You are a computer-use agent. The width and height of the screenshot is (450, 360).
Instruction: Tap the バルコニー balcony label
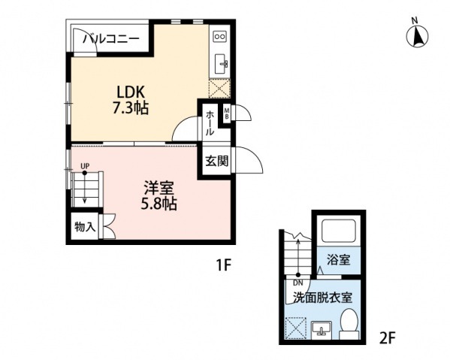111,38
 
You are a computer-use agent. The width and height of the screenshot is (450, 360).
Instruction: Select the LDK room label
130,92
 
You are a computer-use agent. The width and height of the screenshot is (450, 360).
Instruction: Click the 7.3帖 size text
130,108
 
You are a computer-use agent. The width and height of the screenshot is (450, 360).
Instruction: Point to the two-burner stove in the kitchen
220,36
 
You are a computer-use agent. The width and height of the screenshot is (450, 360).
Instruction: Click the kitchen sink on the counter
222,63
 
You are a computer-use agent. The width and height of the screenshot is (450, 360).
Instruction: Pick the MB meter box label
227,113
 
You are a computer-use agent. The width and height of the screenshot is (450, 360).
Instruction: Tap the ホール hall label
210,123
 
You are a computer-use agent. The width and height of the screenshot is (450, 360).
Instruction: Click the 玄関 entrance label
217,161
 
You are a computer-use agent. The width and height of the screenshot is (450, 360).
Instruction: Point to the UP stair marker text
85,166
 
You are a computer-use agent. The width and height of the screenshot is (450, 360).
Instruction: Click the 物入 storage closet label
85,227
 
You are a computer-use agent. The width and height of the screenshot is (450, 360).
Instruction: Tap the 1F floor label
224,265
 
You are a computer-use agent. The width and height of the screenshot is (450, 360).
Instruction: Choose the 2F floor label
388,338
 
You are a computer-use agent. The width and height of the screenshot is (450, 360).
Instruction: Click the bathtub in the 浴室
339,231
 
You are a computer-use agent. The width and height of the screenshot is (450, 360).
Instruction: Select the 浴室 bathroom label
339,260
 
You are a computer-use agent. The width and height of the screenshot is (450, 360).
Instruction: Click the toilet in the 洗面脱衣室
349,324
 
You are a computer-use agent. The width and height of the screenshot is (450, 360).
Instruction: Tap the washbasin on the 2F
322,328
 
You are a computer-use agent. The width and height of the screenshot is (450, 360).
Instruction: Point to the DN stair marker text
298,283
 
